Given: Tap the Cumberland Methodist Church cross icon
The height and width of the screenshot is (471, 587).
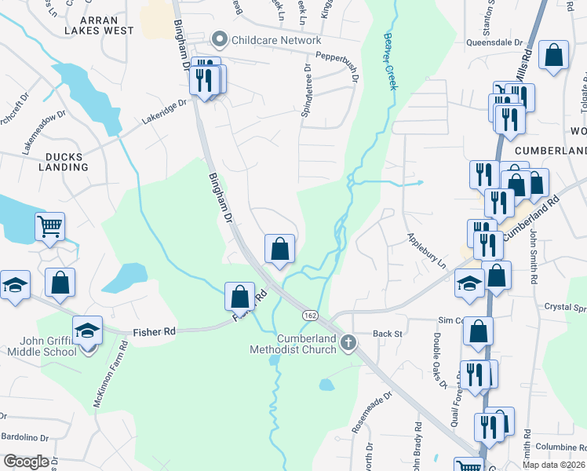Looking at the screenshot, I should tap(348, 341).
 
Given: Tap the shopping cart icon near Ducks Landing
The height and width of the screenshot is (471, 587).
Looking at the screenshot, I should tap(49, 227).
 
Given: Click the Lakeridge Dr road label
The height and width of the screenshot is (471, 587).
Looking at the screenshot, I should tap(163, 108).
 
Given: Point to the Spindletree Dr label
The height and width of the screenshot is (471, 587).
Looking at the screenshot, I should tap(307, 92).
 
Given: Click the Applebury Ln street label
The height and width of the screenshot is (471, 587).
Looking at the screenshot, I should tap(425, 250).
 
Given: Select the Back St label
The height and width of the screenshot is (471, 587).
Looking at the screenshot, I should tap(387, 334).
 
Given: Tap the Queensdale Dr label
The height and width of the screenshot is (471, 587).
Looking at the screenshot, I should tap(494, 42).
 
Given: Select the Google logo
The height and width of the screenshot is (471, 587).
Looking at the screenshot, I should tap(26, 462).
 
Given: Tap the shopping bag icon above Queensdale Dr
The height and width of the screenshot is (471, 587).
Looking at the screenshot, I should tap(554, 56).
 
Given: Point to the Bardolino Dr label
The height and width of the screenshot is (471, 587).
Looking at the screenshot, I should tap(24, 437).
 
